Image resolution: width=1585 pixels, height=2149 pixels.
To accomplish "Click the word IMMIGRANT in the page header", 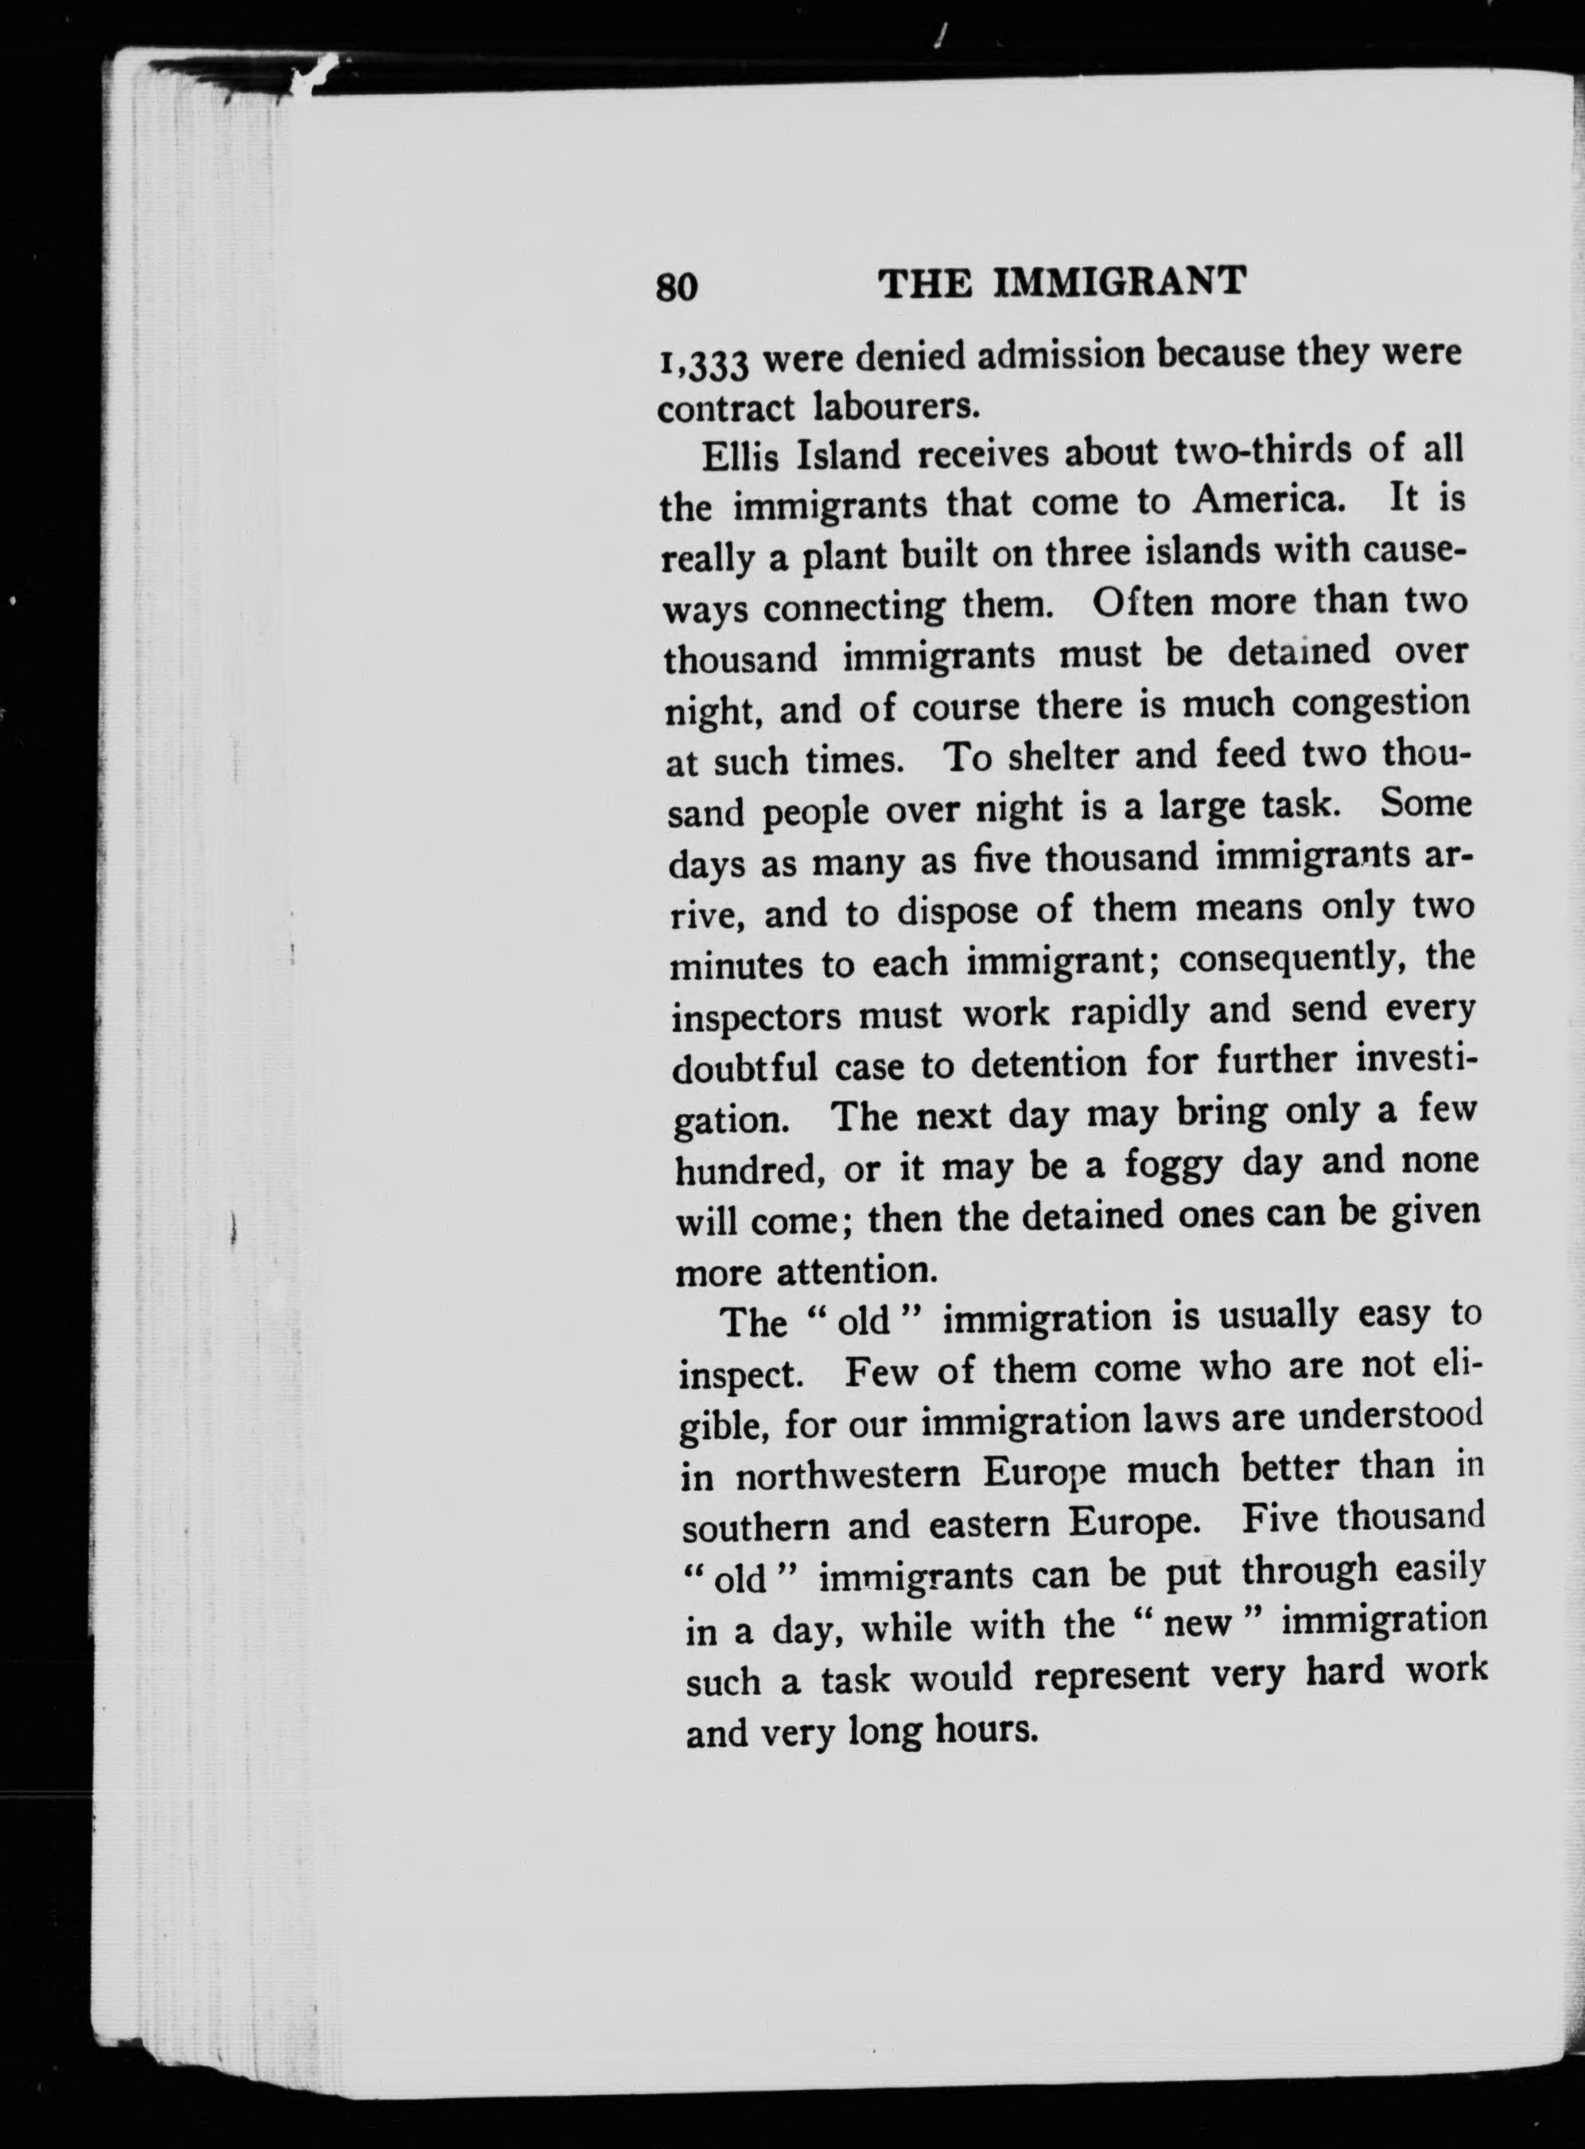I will click(1119, 282).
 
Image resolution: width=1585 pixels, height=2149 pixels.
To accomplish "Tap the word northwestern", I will click(848, 1474).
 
